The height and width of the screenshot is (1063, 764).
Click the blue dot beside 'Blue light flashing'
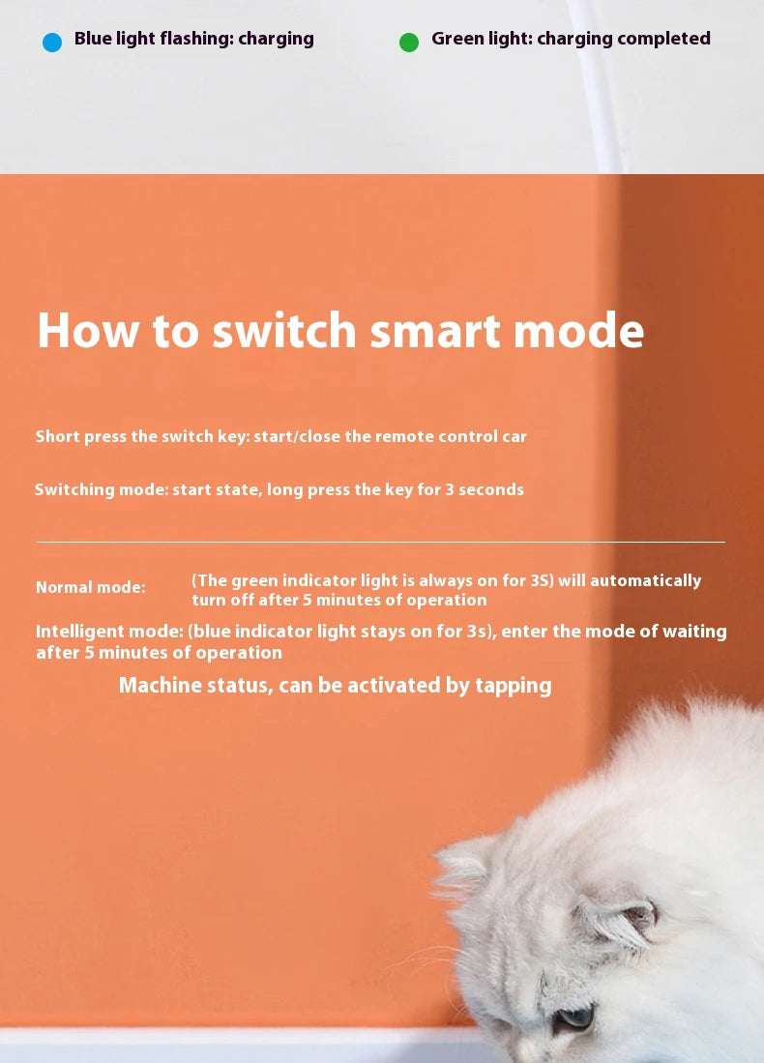[52, 43]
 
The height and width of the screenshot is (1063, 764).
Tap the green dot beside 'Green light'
[409, 43]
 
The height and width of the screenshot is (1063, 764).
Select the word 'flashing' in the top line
[199, 39]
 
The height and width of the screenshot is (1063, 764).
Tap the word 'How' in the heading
[86, 331]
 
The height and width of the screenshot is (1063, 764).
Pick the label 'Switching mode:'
[102, 489]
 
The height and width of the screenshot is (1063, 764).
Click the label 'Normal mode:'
[91, 587]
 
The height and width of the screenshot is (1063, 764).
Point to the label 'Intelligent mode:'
[109, 632]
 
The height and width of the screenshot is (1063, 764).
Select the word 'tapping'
[514, 686]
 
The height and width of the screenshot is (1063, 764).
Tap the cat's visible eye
[576, 1017]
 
